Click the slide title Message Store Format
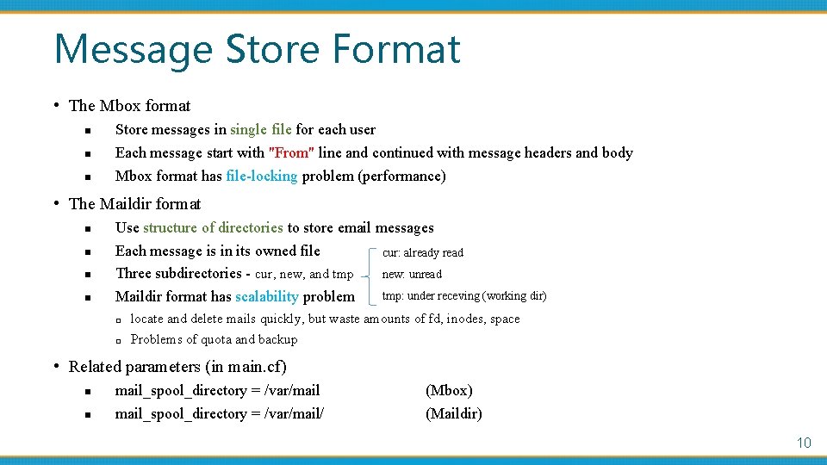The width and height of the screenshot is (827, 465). (257, 49)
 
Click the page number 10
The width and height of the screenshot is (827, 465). (803, 443)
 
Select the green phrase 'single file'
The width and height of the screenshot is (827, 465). (261, 130)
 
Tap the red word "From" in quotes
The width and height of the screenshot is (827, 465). (290, 153)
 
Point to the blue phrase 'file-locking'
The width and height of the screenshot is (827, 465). (261, 177)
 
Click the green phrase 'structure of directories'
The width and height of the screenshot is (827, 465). (213, 228)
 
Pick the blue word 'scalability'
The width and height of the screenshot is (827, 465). (266, 297)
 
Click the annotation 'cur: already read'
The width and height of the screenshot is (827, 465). (422, 253)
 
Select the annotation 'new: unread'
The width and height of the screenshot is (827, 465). (412, 275)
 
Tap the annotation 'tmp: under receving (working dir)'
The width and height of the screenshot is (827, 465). (464, 296)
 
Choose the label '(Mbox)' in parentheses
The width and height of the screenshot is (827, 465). (449, 391)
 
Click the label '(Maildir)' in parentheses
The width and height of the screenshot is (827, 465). (454, 414)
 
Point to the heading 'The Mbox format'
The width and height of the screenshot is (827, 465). (129, 106)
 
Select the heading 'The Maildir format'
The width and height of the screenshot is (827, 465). (134, 204)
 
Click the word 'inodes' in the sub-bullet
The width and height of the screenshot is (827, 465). (466, 319)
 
